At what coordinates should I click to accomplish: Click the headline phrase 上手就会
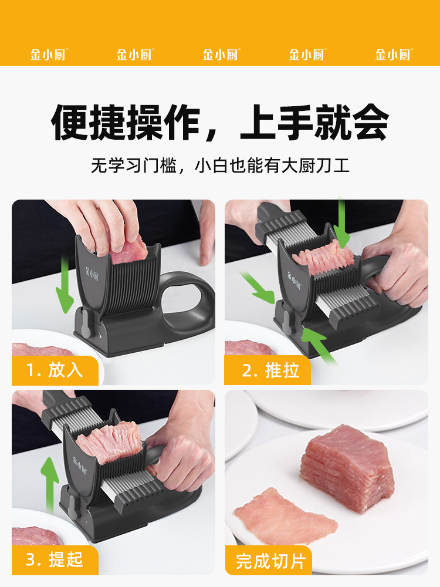[314, 123]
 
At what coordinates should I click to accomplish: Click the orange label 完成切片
[270, 561]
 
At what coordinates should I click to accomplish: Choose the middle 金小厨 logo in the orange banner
[221, 55]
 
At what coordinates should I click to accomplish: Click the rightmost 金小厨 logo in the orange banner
[393, 55]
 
